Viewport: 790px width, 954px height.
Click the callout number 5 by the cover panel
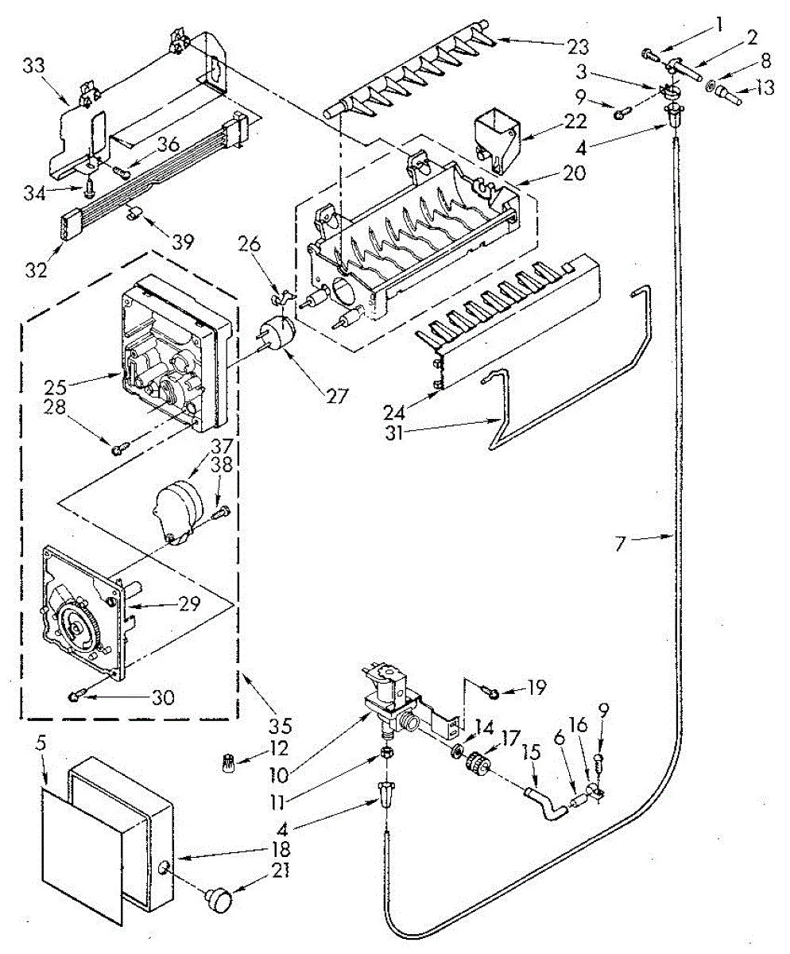point(41,745)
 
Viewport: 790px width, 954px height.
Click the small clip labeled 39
point(134,211)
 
